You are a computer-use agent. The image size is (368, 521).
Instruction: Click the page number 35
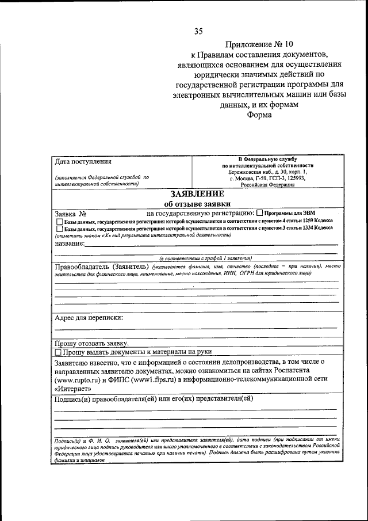click(198, 31)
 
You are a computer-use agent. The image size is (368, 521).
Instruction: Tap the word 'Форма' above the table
click(260, 114)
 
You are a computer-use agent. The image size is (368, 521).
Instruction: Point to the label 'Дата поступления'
click(83, 161)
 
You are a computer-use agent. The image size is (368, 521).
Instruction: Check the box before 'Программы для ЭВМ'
click(259, 213)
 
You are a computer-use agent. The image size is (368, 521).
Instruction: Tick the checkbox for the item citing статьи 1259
click(59, 221)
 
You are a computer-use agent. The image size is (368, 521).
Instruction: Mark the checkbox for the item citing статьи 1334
click(59, 228)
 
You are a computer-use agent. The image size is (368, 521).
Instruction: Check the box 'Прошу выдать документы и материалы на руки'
click(58, 351)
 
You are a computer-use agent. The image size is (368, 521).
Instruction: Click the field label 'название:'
click(70, 244)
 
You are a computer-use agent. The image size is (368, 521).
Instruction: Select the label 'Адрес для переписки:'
click(89, 317)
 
